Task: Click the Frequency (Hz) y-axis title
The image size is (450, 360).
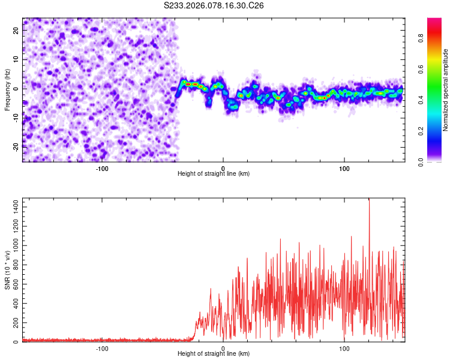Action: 7,89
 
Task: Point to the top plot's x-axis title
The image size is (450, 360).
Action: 214,173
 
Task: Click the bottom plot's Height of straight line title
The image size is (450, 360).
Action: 214,353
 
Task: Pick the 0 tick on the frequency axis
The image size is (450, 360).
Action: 17,88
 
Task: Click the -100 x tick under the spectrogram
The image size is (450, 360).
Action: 101,168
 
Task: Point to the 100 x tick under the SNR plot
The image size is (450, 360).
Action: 344,348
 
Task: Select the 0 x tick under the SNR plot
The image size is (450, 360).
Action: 223,348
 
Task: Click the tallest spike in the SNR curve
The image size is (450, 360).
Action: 369,201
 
